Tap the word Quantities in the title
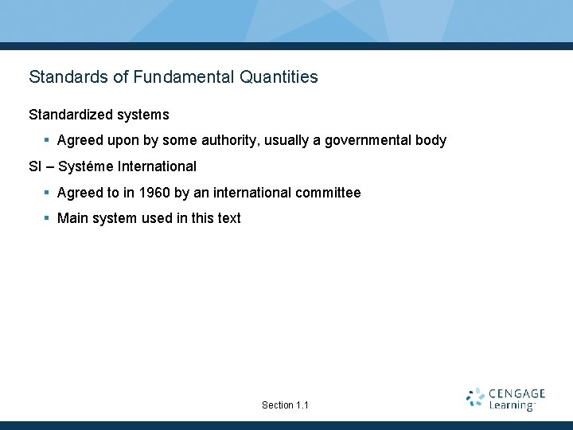point(274,77)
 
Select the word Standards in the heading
point(68,77)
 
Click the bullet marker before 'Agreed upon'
point(47,140)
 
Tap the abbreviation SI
point(35,166)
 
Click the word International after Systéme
point(157,166)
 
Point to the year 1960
point(154,193)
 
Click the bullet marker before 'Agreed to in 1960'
point(47,193)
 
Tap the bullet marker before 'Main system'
point(47,218)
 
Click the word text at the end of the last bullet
point(228,218)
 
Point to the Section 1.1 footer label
point(285,405)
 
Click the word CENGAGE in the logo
point(517,393)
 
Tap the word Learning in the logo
point(511,405)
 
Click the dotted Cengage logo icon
point(476,398)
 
